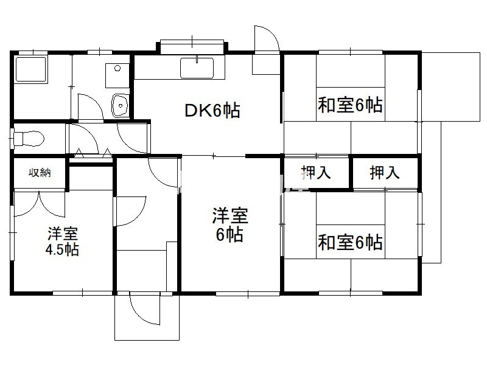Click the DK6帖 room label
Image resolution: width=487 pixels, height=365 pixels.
coord(212,110)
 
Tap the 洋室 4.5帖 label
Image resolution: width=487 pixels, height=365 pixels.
coord(63,242)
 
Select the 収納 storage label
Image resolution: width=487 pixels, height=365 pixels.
coord(40,173)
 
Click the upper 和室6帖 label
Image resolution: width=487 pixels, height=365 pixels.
coord(350,105)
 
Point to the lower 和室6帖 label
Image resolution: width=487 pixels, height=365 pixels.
coord(350,242)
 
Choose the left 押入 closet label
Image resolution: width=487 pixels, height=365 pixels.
coord(316,172)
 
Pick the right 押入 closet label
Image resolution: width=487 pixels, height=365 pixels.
coord(385,172)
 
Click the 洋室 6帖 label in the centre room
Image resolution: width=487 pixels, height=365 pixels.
coord(230,225)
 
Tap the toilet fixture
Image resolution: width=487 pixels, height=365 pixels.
coord(28,138)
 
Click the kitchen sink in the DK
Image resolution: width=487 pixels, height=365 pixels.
coord(197,68)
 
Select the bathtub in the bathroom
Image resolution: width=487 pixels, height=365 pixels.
coord(31,69)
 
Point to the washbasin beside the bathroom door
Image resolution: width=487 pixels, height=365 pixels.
coord(120,105)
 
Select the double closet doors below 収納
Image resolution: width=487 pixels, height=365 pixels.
coord(40,204)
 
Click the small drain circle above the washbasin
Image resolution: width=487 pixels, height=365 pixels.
coord(117,68)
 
